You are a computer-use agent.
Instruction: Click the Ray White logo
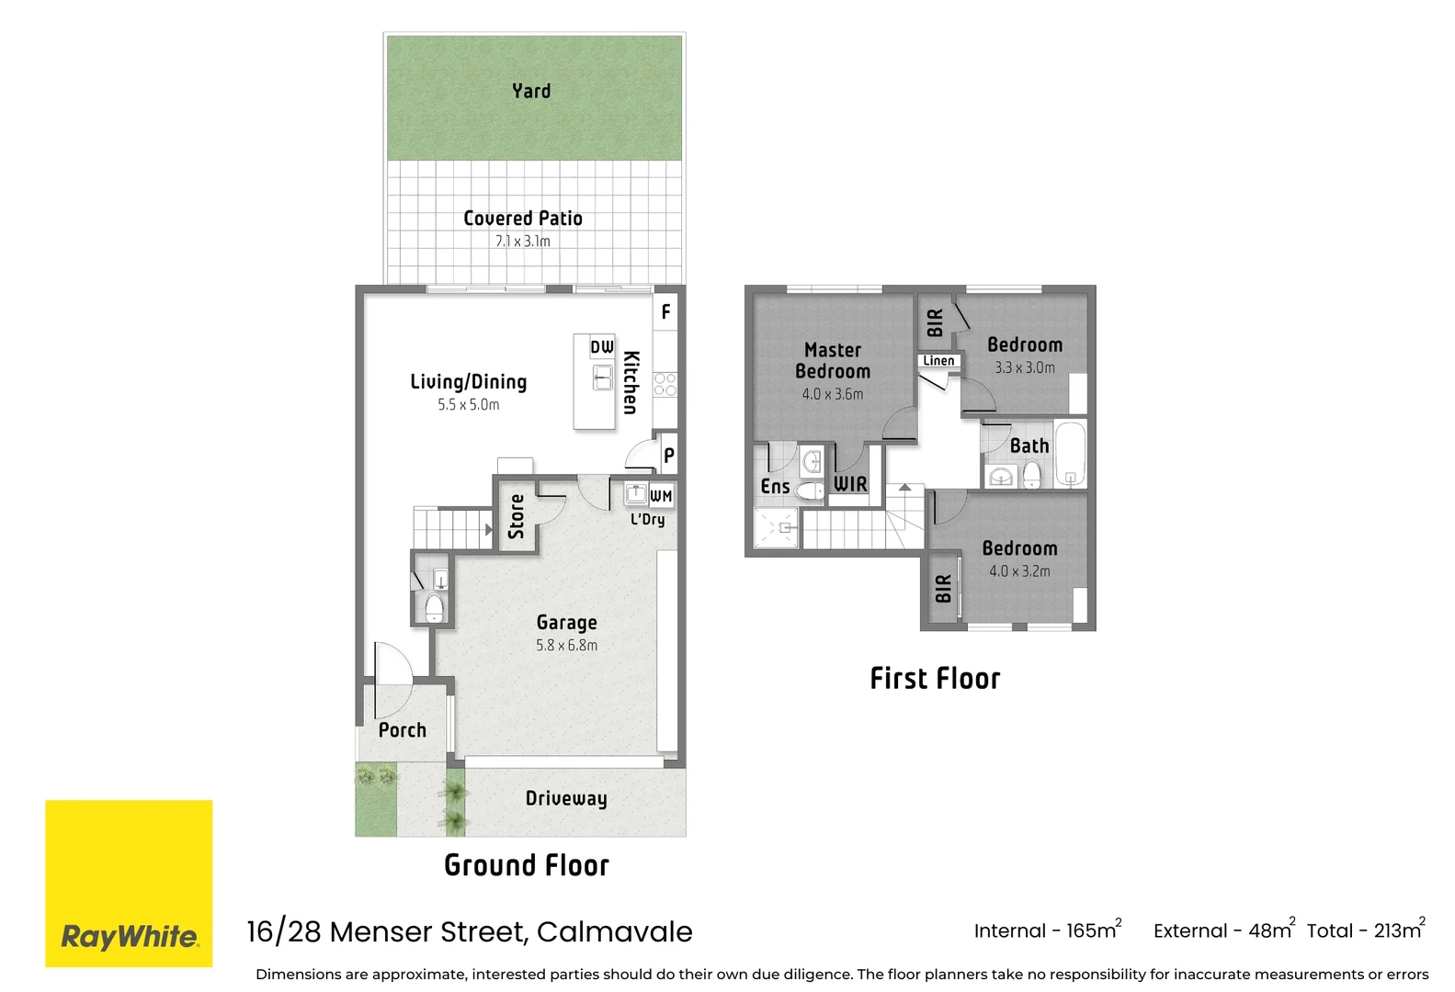pos(129,883)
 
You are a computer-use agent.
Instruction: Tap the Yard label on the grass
pos(531,91)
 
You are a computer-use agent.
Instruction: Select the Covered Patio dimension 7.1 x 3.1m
pos(522,242)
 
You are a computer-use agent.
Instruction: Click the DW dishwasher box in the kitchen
pos(602,347)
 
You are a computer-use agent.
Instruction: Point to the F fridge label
pos(666,312)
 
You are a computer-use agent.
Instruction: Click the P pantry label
pos(669,455)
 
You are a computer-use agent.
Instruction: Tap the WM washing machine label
pos(661,496)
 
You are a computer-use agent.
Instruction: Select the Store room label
pos(517,516)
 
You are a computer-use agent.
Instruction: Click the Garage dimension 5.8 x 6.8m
pos(566,646)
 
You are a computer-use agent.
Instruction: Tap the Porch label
pos(403,730)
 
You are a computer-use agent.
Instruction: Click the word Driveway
pos(566,798)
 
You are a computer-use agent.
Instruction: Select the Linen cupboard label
pos(938,361)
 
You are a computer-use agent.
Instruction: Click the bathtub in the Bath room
pos(1070,454)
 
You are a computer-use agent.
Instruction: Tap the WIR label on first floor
pos(850,484)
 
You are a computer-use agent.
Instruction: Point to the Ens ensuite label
pos(775,487)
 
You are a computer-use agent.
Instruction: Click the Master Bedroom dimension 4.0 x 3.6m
pos(832,394)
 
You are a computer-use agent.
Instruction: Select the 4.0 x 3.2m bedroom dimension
pos(1019,571)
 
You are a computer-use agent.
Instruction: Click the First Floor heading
pos(935,679)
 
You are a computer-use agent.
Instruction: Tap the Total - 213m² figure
pos(1366,930)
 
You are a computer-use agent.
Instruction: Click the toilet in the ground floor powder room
pos(434,607)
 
